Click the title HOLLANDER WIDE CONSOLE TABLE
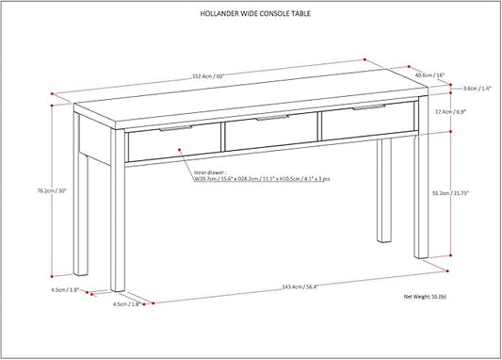(255, 13)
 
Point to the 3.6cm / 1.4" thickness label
(478, 89)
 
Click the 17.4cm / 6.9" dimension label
(450, 112)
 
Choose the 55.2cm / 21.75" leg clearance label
(450, 193)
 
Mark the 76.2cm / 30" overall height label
(52, 190)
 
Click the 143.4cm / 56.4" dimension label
(300, 287)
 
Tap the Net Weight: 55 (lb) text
(425, 297)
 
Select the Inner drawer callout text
(262, 176)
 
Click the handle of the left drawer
(176, 128)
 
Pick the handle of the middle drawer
(272, 118)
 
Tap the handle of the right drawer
(369, 107)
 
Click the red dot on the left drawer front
(180, 149)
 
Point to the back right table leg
(384, 190)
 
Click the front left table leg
(118, 210)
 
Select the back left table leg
(80, 194)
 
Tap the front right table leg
(421, 177)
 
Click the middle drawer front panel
(271, 131)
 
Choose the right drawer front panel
(368, 121)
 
